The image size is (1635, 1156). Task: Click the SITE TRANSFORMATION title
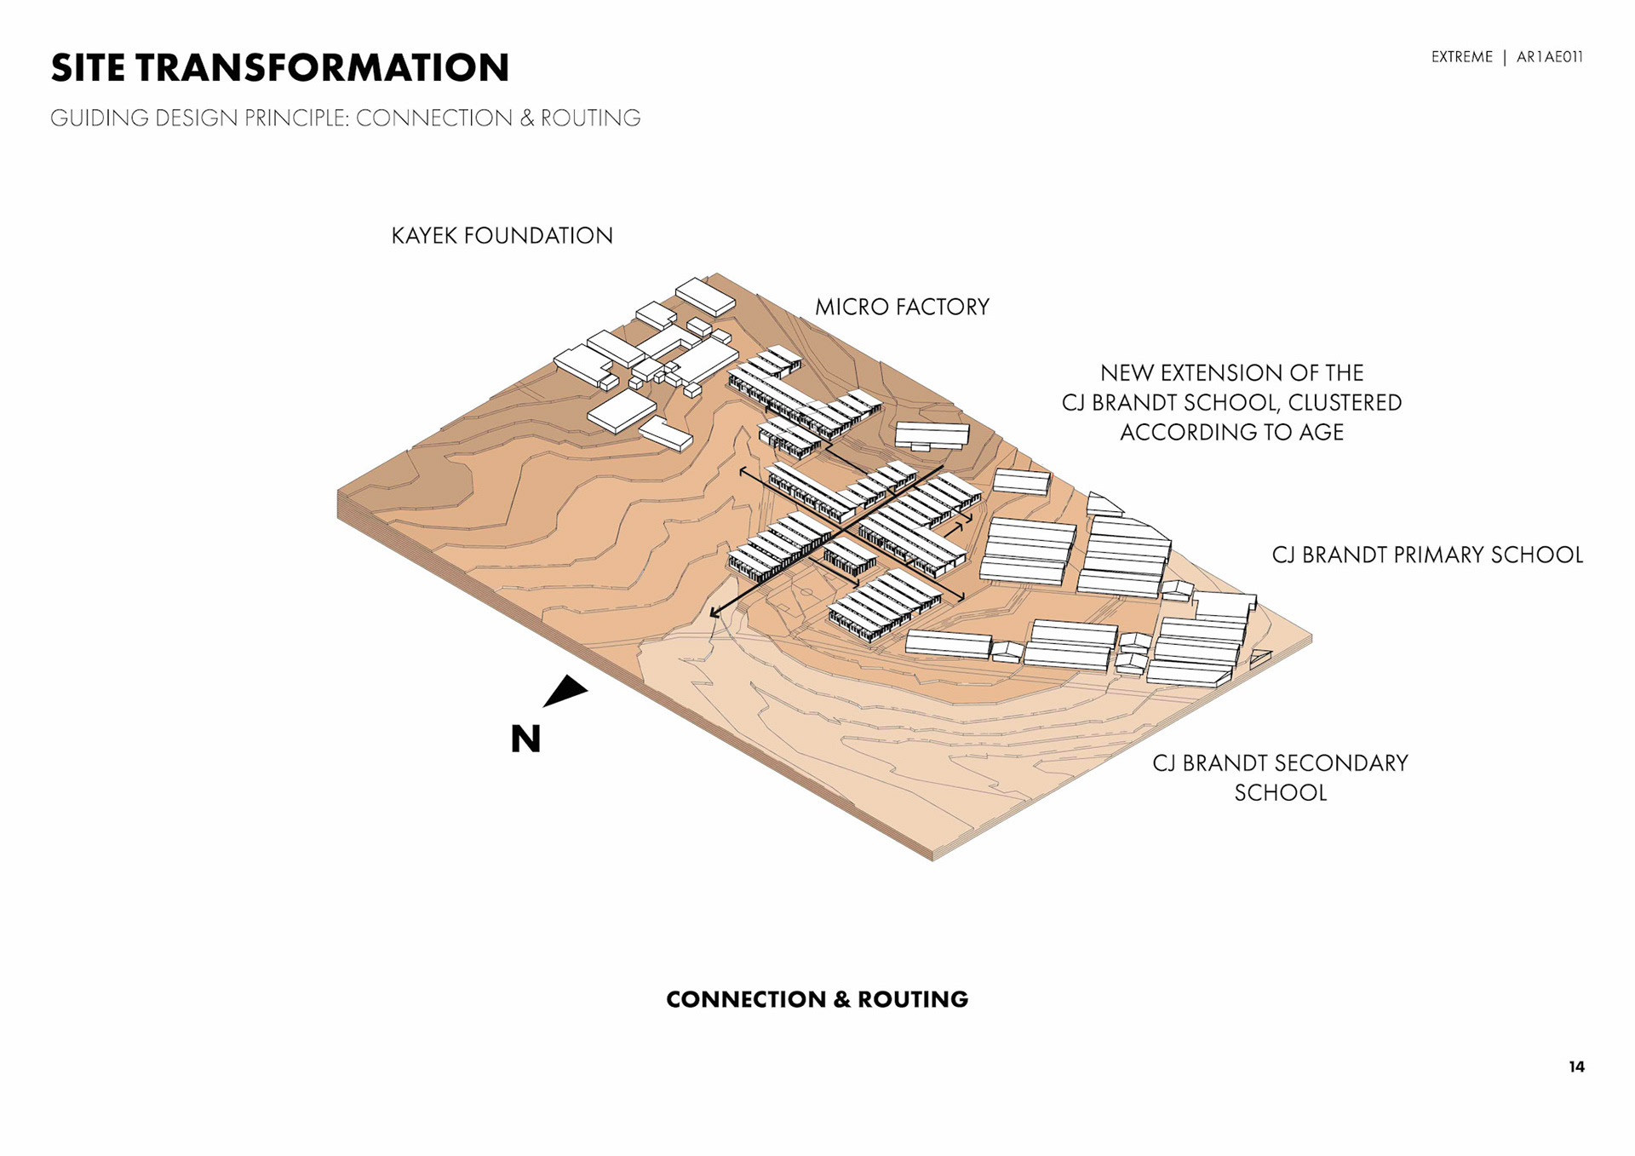click(x=280, y=68)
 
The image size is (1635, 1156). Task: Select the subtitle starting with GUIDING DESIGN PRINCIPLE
click(x=345, y=118)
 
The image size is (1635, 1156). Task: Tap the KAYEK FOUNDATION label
click(x=502, y=236)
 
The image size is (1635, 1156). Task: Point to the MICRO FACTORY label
click(x=902, y=307)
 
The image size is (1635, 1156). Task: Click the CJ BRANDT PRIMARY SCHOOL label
click(x=1427, y=555)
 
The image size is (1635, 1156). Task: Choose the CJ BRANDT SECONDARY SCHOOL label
click(x=1280, y=777)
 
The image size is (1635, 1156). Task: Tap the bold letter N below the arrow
click(x=525, y=739)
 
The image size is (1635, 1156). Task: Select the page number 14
click(x=1576, y=1067)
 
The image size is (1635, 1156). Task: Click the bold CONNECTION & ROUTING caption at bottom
click(x=817, y=999)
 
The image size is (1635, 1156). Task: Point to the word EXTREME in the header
click(x=1461, y=57)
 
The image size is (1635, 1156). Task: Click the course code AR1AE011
click(x=1549, y=57)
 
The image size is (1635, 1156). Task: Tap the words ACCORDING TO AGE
click(x=1231, y=433)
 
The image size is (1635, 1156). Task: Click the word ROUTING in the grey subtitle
click(x=590, y=118)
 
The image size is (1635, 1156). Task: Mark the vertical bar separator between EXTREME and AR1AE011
click(x=1505, y=57)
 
